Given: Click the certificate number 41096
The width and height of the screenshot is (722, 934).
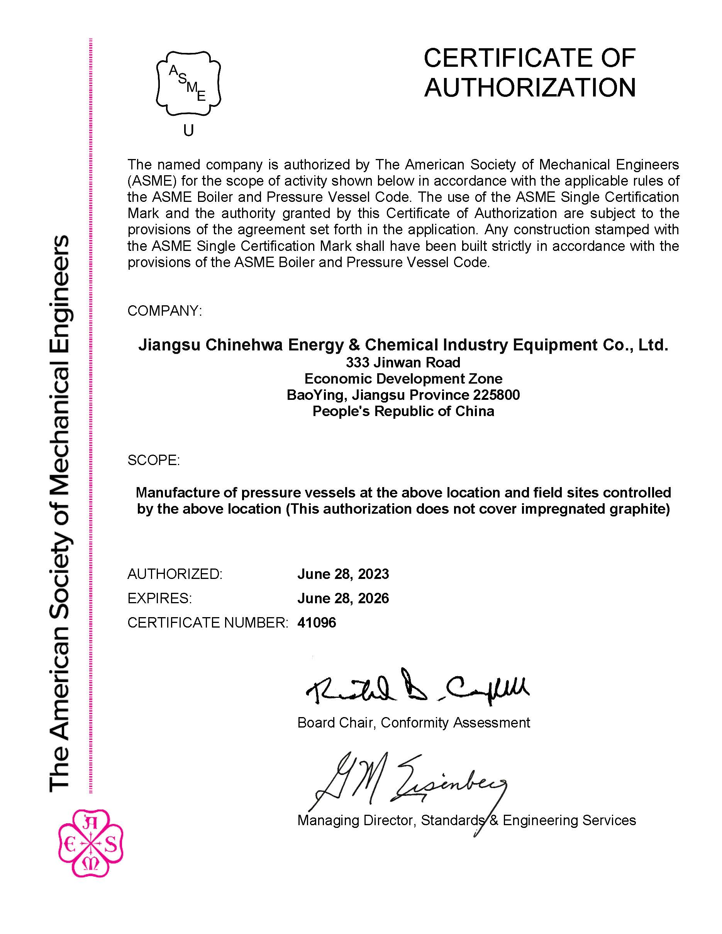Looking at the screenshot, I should click(317, 623).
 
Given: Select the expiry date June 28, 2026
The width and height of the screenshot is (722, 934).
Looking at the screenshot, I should click(343, 598).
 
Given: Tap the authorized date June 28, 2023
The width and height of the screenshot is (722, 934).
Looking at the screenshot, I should click(343, 574).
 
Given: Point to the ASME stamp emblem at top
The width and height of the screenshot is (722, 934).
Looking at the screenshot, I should click(188, 83).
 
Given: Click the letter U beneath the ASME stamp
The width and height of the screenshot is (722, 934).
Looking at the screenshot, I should click(188, 130).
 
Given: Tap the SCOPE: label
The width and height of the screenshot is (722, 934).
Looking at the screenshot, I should click(154, 460).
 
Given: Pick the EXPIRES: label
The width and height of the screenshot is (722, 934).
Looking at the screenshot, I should click(159, 598).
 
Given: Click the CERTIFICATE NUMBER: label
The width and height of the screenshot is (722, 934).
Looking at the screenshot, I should click(208, 623).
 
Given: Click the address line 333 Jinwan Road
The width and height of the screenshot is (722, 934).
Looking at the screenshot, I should click(403, 363).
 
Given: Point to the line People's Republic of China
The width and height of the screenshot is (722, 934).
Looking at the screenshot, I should click(403, 411).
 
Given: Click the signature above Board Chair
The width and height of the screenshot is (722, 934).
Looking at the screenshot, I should click(417, 689).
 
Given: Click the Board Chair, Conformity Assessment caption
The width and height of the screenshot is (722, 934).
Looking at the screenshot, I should click(413, 723).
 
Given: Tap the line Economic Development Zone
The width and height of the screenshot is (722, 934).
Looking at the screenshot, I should click(403, 379).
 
